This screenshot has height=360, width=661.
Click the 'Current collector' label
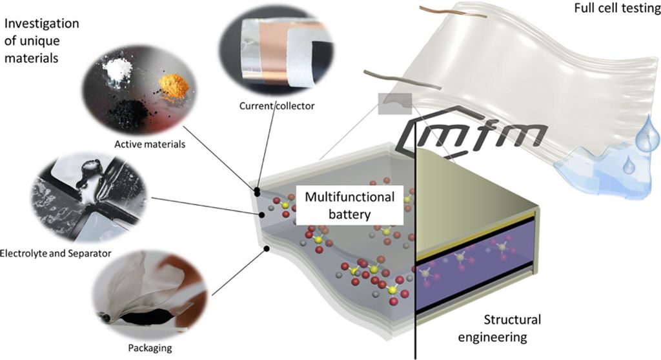277,105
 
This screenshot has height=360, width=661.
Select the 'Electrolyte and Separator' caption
56,253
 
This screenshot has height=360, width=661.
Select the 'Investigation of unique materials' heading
41,41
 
